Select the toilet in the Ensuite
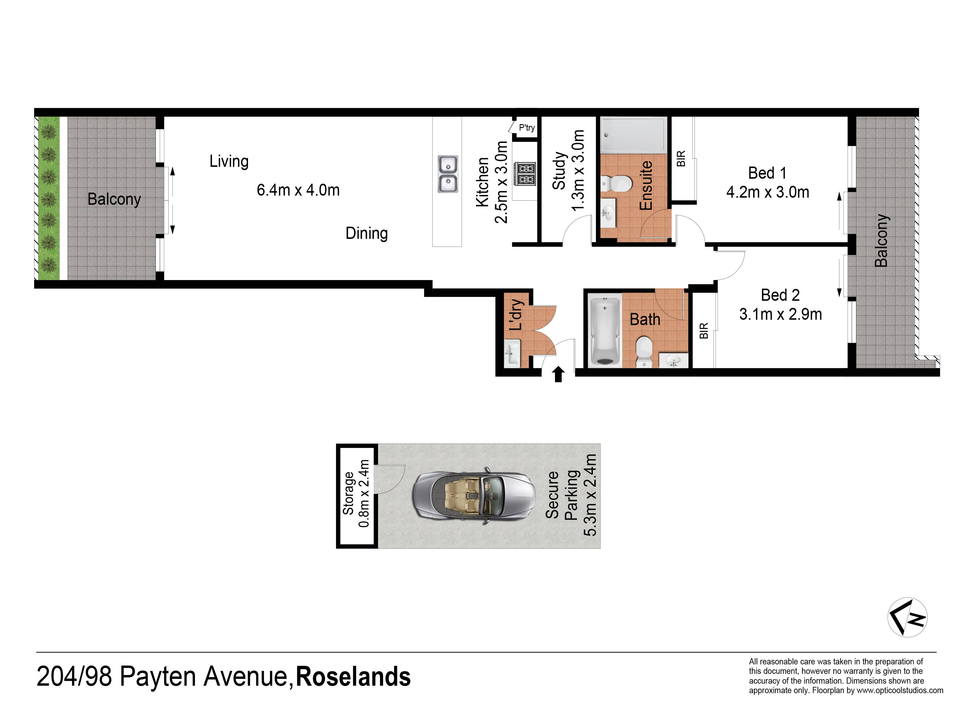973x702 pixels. (617, 184)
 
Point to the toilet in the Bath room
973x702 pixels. (644, 351)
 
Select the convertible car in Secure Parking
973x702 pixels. (474, 495)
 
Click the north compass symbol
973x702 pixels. (907, 618)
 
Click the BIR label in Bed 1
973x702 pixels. (681, 158)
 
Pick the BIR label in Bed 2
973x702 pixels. (704, 331)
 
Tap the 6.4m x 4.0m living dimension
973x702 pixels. (298, 190)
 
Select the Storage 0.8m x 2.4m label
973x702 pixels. (356, 493)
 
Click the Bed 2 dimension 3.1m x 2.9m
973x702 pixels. (780, 314)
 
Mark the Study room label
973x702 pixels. (558, 170)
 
